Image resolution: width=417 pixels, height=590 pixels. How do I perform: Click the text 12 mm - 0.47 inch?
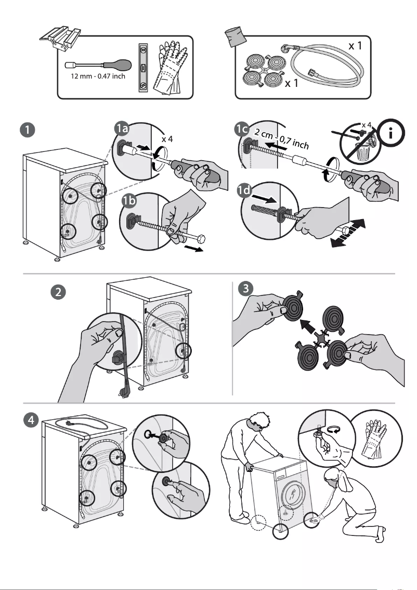(x=98, y=77)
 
